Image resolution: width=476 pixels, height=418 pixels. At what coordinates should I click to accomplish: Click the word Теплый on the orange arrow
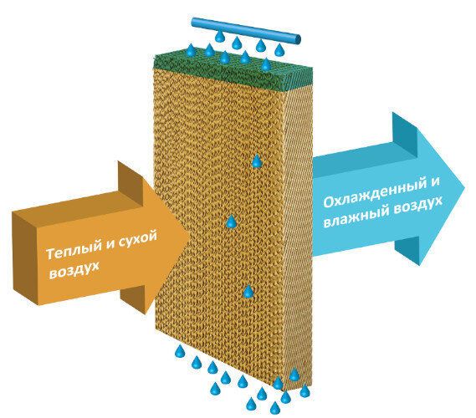coord(74,250)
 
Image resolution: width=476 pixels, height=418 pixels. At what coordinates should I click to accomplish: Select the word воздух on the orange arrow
coord(74,270)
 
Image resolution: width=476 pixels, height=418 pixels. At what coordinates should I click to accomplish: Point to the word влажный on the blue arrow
coord(356,217)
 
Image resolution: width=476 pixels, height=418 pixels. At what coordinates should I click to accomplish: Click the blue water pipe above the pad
coord(246,30)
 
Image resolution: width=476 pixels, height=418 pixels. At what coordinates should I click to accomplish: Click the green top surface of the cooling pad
coord(233,72)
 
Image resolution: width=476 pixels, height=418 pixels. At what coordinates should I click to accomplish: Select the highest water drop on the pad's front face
coord(257,161)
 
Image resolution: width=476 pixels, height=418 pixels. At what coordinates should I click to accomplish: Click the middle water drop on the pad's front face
coord(232,222)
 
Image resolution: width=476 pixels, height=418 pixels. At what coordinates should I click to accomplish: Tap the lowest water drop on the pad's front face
coord(248,292)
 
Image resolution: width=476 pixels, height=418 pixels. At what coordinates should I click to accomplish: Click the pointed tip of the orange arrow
coord(190,236)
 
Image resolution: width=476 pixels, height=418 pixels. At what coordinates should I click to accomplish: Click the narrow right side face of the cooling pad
coord(299,237)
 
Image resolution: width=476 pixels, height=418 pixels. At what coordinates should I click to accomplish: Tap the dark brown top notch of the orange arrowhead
coord(131,183)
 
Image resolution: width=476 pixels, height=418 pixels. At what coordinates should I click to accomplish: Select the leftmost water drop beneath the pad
coord(180,351)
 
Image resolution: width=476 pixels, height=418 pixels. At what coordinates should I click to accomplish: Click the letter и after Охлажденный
coord(435,182)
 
